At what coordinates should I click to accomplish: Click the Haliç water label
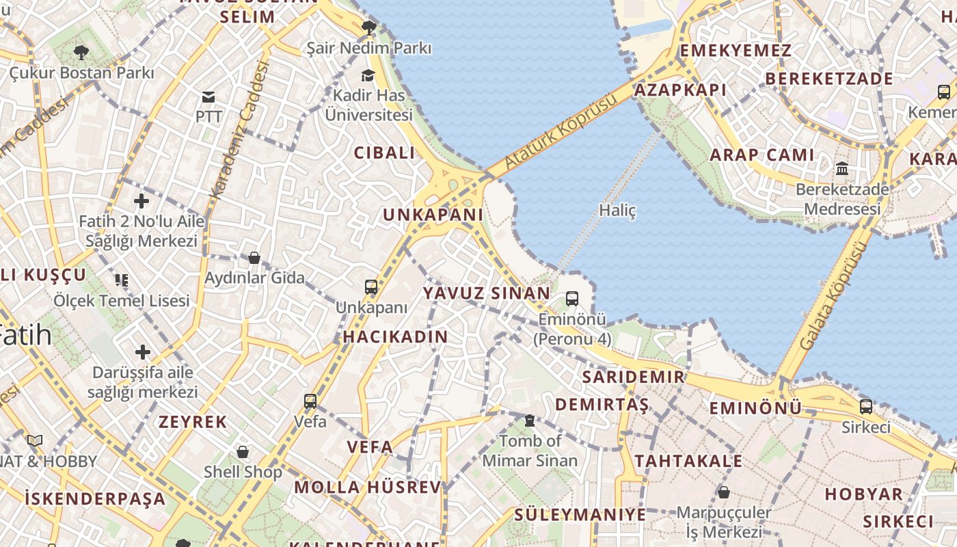(617, 211)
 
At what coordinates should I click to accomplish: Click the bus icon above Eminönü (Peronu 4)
(572, 299)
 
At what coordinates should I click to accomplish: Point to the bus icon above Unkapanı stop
(371, 287)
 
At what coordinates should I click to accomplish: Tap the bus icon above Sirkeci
(866, 407)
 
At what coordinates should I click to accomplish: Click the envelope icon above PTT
(208, 97)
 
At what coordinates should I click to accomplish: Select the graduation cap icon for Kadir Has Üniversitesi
(368, 75)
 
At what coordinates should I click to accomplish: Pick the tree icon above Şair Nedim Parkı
(368, 28)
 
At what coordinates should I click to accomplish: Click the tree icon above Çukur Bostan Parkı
(81, 52)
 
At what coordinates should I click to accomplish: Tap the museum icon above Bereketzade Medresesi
(842, 168)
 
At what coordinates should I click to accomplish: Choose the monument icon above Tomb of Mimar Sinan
(530, 421)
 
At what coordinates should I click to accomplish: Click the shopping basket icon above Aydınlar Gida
(254, 258)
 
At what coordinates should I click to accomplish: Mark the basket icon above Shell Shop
(243, 452)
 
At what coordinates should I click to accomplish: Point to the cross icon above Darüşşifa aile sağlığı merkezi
(142, 352)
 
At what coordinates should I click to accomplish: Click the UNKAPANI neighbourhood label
(433, 215)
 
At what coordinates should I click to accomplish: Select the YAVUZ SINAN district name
(486, 293)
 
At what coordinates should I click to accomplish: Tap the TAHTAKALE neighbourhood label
(688, 461)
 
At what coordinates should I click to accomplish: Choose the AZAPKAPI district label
(680, 90)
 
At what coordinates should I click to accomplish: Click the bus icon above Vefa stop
(310, 401)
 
